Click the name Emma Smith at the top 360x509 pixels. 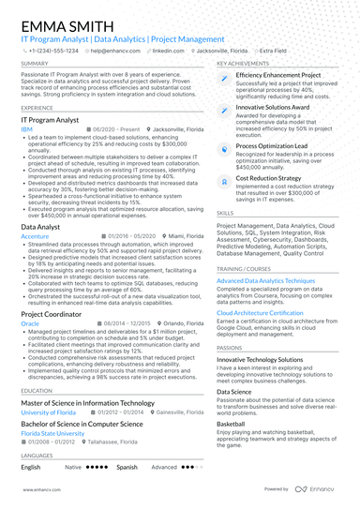point(62,21)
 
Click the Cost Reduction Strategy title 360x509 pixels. point(268,177)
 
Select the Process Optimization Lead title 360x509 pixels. point(273,146)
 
